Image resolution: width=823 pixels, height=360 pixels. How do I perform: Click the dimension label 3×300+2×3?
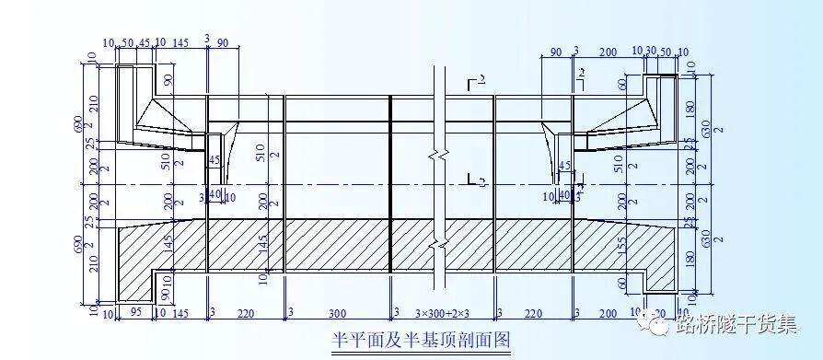pos(442,314)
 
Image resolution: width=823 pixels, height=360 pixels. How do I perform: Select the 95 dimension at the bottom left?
pos(135,314)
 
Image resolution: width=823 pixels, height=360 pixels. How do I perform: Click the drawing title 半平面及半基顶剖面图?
pos(421,340)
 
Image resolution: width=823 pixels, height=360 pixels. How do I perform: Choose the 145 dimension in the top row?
pos(180,43)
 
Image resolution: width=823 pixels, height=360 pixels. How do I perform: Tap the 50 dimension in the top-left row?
pos(127,43)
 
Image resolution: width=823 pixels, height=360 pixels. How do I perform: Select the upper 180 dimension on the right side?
pos(690,109)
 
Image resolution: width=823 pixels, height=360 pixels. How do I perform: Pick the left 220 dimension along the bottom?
pos(246,314)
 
